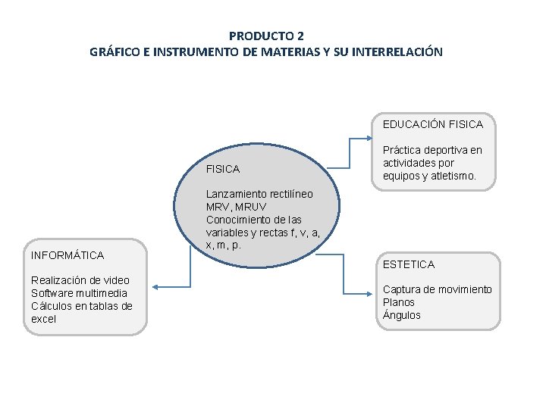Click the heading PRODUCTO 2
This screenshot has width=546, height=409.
click(266, 36)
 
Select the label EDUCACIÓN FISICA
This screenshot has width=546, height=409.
click(432, 123)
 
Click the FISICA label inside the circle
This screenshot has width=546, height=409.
click(223, 169)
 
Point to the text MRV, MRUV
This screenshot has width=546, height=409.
click(236, 207)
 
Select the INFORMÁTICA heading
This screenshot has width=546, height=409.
click(67, 255)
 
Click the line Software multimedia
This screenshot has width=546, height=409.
click(79, 293)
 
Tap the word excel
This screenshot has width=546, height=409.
click(44, 319)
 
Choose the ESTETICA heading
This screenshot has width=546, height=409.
click(409, 264)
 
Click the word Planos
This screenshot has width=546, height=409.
click(399, 302)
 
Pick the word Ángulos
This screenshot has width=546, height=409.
click(402, 315)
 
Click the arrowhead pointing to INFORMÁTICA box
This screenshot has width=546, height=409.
click(154, 286)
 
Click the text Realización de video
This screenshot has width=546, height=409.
click(80, 280)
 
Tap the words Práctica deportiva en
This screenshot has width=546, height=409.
click(432, 150)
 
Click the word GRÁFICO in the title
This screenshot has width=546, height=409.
click(114, 52)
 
